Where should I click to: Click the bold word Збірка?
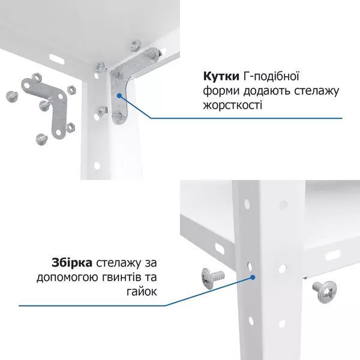point(72,264)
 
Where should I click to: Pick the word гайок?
point(143,292)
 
